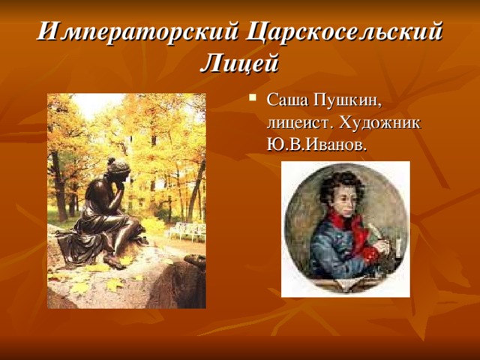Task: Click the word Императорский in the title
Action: click(138, 31)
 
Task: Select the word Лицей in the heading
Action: click(239, 63)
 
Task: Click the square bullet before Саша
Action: click(253, 98)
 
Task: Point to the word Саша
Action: click(287, 100)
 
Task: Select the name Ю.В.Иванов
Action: click(316, 145)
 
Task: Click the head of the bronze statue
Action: click(118, 169)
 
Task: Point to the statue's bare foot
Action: click(115, 261)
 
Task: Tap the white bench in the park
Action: click(187, 231)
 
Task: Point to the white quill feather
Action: click(375, 231)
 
